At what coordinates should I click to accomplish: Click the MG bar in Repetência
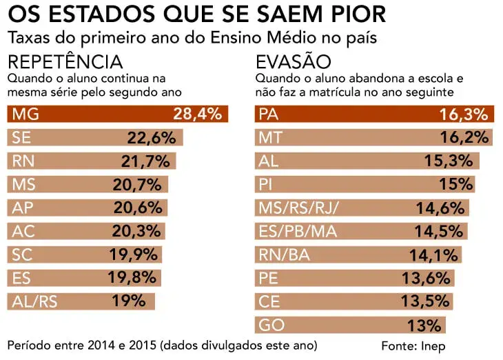point(117,114)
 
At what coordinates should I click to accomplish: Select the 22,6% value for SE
point(152,138)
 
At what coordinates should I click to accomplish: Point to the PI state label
point(265,185)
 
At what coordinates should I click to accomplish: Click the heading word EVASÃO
point(293,61)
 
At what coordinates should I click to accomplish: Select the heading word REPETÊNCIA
point(65,61)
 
